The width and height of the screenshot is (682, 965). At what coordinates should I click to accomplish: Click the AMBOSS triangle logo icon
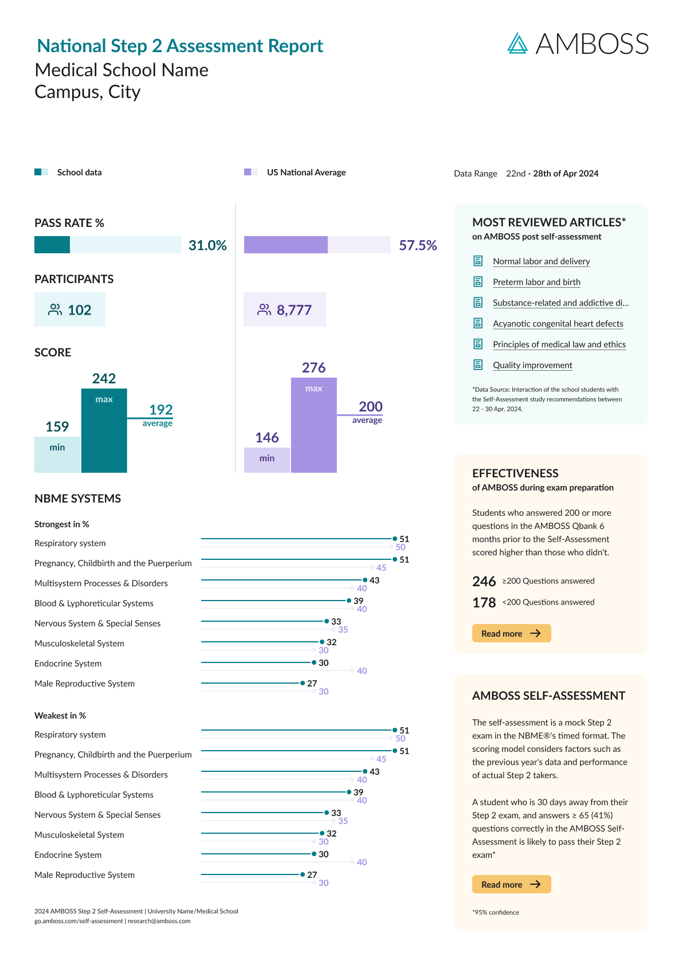(x=518, y=44)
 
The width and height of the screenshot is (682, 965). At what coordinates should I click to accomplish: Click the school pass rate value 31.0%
(x=207, y=245)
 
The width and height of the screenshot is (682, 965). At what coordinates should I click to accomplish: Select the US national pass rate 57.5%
(x=418, y=245)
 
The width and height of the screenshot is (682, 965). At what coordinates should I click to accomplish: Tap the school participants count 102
(x=70, y=310)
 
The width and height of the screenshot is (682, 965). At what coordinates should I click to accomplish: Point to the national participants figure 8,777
(x=285, y=310)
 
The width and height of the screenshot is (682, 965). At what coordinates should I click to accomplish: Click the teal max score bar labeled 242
(x=104, y=430)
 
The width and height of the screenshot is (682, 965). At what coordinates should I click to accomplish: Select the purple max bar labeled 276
(x=313, y=425)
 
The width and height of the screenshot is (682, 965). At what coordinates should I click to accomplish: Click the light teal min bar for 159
(x=57, y=454)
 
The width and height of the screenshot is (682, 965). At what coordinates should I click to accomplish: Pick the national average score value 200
(x=370, y=407)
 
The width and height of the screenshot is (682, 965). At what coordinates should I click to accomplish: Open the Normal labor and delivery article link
(x=541, y=261)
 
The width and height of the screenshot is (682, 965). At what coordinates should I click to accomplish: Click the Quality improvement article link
(x=532, y=365)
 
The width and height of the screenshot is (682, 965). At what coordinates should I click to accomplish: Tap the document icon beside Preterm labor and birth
(x=478, y=281)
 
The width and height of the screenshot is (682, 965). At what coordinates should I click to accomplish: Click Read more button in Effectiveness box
(x=511, y=633)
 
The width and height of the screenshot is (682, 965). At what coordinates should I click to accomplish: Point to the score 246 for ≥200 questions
(x=484, y=582)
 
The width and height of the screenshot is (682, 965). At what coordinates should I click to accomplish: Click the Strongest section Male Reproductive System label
(x=84, y=684)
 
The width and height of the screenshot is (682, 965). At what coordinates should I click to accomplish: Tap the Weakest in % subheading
(x=60, y=716)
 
